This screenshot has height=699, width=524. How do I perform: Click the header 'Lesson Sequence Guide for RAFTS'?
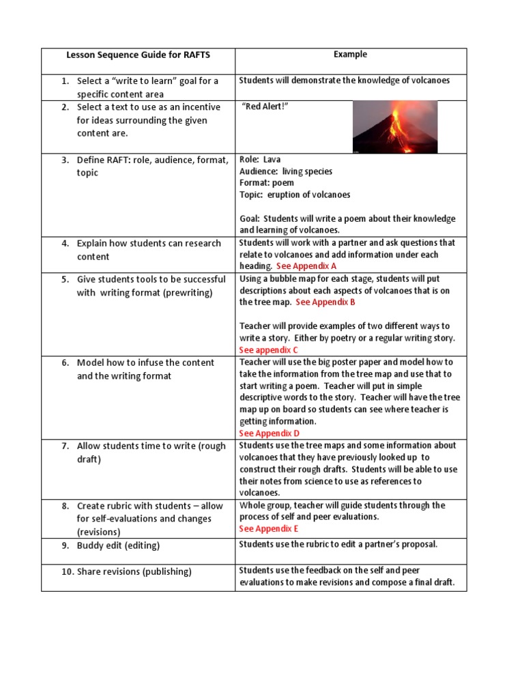coord(137,55)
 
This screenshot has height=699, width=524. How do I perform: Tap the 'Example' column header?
coord(350,54)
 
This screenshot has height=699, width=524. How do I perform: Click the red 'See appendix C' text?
coord(268,350)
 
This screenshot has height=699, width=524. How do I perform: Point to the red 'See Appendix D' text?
coord(269,433)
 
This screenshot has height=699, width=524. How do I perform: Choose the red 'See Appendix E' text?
coord(269,529)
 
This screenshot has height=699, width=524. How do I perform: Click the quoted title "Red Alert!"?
coord(261,107)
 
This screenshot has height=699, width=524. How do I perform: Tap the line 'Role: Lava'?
coord(260,159)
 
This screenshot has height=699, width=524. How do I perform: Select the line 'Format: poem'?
coord(267,183)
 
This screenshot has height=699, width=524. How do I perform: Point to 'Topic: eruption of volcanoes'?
coord(295,195)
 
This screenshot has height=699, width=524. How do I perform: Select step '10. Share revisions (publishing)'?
coord(126,571)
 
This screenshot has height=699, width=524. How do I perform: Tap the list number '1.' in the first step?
coord(65,81)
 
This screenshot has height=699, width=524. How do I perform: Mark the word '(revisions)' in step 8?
coord(98,532)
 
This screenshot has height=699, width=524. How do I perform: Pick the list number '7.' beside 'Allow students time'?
coord(65,446)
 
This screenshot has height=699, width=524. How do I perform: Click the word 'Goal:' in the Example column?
coord(250,219)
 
